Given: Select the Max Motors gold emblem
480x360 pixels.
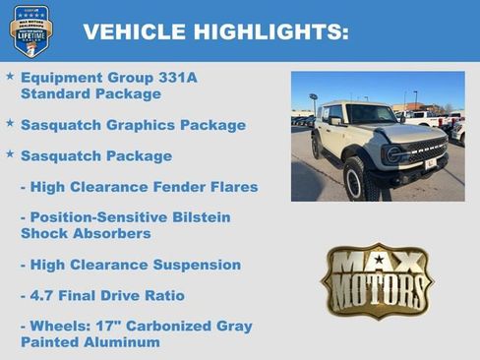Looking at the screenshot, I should (x=377, y=280).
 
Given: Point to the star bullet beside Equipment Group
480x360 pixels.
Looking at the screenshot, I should (x=10, y=76).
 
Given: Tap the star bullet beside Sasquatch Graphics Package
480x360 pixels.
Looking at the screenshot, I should (x=10, y=124).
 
